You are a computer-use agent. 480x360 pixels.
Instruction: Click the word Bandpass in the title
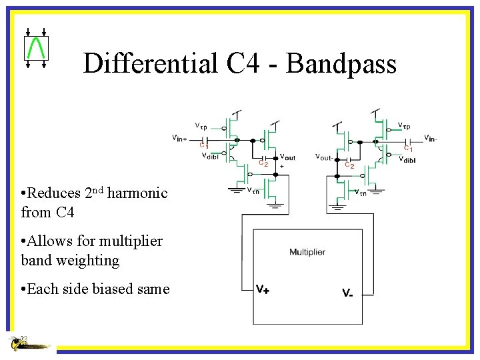point(342,63)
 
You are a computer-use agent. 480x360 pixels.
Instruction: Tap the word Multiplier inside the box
point(307,252)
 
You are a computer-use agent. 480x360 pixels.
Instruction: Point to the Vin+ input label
point(179,138)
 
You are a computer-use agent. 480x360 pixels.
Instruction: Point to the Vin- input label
point(430,138)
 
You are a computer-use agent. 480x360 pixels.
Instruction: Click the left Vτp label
point(201,125)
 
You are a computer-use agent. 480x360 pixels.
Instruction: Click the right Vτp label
point(404,125)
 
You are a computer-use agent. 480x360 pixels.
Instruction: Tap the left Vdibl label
point(210,156)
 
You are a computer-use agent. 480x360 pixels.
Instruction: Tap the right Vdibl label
point(407,159)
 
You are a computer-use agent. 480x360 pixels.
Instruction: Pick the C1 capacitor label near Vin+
point(205,146)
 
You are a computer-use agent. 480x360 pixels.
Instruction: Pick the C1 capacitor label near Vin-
point(407,149)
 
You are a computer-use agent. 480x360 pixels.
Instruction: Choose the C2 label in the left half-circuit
point(263,163)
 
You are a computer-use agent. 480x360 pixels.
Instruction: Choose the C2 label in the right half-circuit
point(349,165)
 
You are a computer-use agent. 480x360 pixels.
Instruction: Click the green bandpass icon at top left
point(35,47)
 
